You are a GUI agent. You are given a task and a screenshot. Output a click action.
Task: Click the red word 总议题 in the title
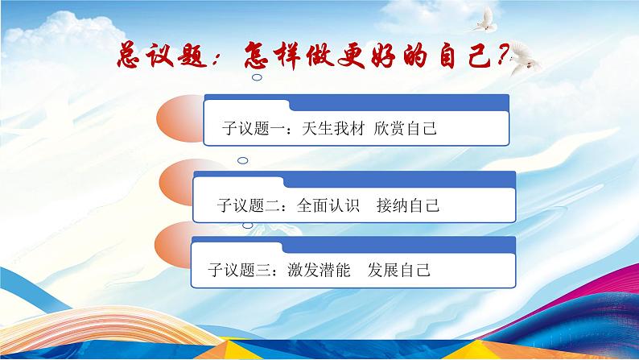pyautogui.click(x=163, y=55)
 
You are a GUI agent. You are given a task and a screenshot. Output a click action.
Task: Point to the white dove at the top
pyautogui.click(x=486, y=19)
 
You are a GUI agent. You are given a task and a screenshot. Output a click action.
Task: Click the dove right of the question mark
pyautogui.click(x=525, y=57)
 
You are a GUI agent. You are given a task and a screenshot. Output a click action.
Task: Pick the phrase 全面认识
pyautogui.click(x=328, y=205)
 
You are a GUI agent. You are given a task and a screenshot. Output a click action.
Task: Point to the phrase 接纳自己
pyautogui.click(x=408, y=205)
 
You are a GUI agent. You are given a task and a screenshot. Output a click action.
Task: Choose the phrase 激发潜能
pyautogui.click(x=319, y=270)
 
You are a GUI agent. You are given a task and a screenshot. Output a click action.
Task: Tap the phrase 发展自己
pyautogui.click(x=399, y=270)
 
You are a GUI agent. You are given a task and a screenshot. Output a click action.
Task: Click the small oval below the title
pyautogui.click(x=257, y=77)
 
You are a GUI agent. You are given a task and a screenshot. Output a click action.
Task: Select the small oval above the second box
pyautogui.click(x=242, y=160)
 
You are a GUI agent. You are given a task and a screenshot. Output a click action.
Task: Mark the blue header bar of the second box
pyautogui.click(x=399, y=180)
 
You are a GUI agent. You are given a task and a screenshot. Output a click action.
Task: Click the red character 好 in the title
pyautogui.click(x=383, y=56)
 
